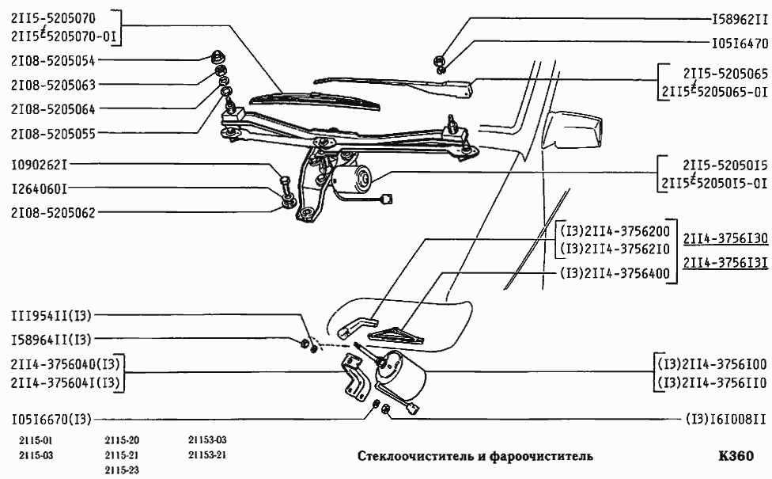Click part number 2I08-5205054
[x=53, y=60]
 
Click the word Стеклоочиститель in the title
[x=415, y=457]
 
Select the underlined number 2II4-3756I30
[x=725, y=239]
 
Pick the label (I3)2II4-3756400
[x=615, y=275]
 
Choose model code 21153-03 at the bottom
[x=207, y=440]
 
